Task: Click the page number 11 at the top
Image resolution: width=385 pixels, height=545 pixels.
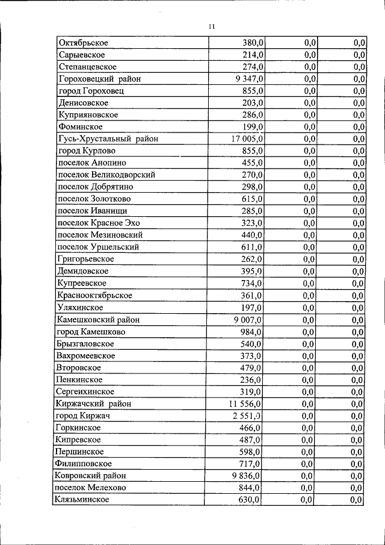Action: point(212,26)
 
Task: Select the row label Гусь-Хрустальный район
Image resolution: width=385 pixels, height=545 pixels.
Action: point(108,139)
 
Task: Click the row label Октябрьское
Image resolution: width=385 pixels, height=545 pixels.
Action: point(84,43)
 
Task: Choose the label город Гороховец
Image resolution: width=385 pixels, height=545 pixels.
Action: point(91,91)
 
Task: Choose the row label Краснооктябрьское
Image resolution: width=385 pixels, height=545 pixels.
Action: point(94,296)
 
